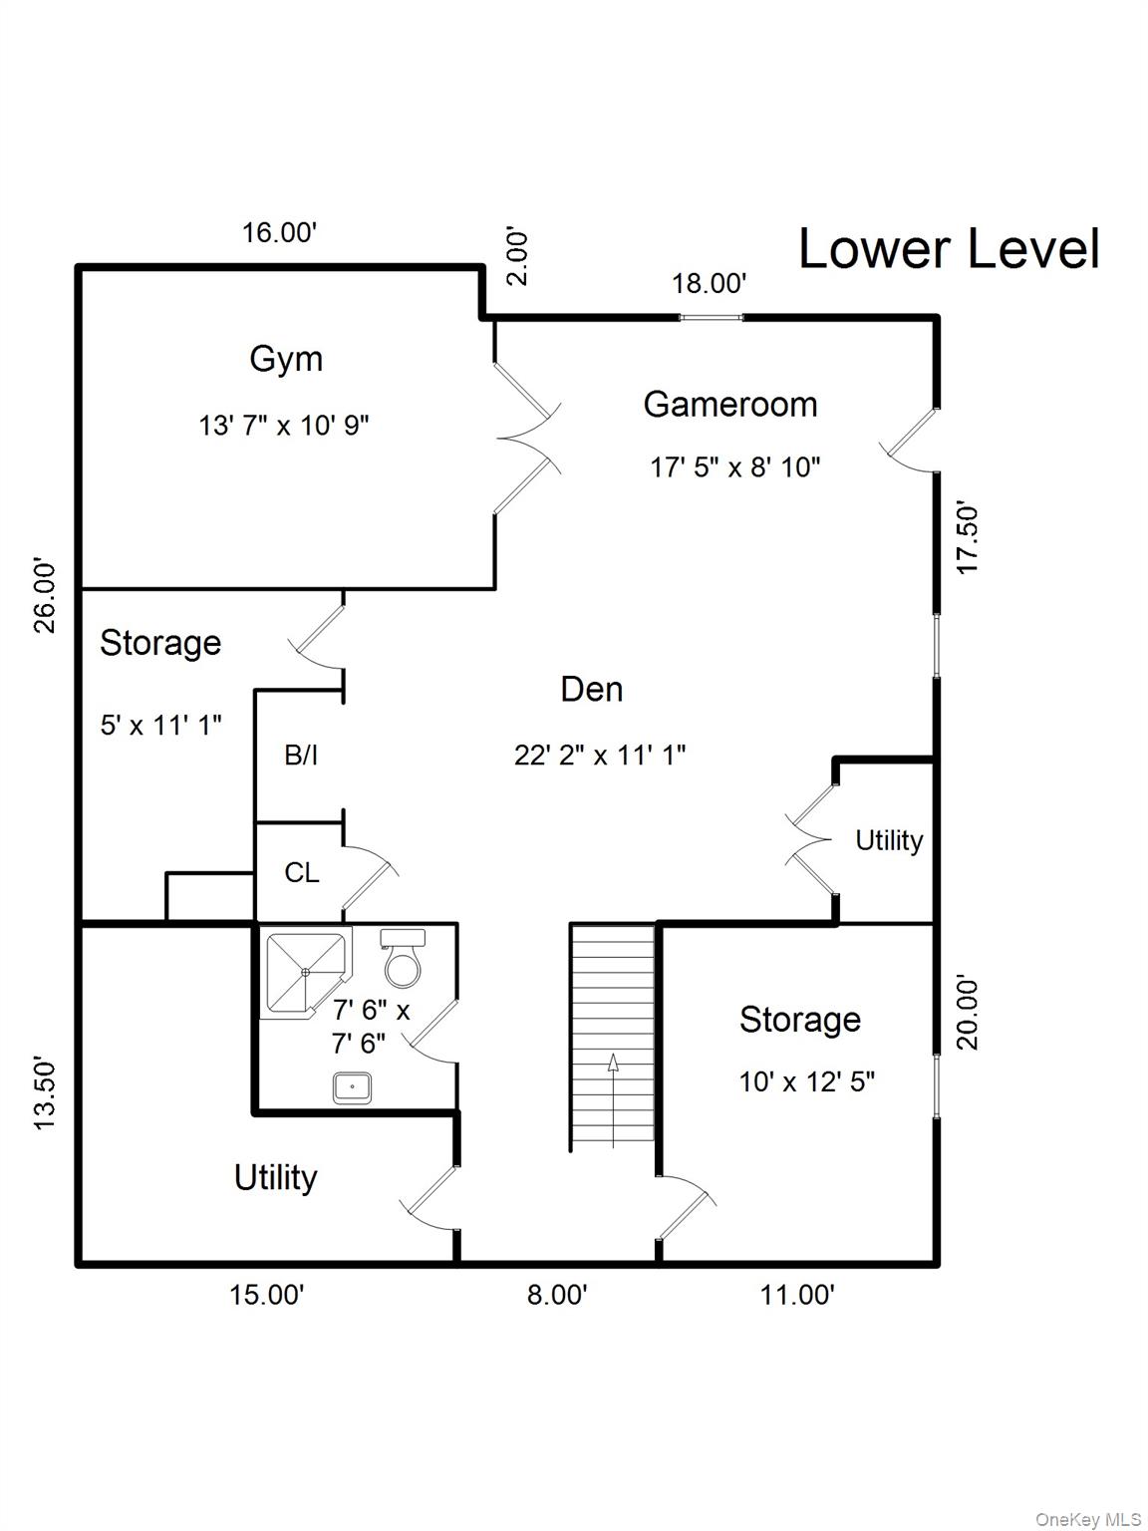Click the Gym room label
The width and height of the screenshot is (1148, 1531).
(286, 359)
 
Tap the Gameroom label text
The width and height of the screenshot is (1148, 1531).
(730, 404)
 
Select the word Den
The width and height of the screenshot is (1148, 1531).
(591, 689)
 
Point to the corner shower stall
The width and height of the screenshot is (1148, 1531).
(304, 971)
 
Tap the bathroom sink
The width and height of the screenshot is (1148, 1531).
(352, 1086)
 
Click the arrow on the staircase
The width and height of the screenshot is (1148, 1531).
(612, 1064)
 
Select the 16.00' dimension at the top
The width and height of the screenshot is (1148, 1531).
(279, 232)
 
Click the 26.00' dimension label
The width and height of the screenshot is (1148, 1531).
(46, 595)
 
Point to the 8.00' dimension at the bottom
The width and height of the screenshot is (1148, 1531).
(557, 1295)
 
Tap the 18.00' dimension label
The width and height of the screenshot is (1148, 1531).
(709, 284)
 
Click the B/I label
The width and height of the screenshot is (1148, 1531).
(301, 756)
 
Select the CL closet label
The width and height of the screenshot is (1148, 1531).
(302, 873)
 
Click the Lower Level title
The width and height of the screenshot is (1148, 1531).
(949, 249)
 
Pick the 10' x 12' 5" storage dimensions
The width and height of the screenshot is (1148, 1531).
(806, 1081)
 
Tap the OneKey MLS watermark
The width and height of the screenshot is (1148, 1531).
(1088, 1519)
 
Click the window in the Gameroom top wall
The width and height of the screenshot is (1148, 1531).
(712, 317)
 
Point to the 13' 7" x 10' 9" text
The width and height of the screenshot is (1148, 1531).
(284, 426)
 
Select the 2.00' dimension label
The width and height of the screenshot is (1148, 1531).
(518, 257)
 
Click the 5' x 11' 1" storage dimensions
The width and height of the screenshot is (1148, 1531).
(160, 725)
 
